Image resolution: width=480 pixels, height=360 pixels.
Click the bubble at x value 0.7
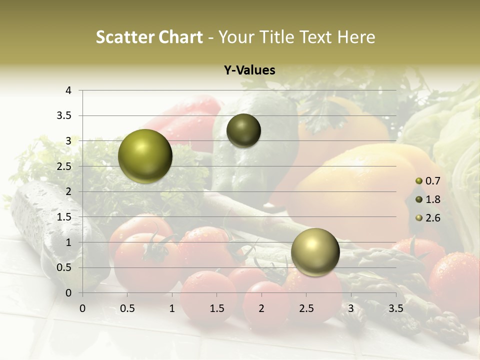coord(145,156)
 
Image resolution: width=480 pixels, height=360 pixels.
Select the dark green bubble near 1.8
coord(243,130)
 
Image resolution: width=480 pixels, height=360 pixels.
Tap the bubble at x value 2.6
coord(315,252)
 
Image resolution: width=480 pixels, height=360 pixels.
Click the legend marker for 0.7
coord(419,180)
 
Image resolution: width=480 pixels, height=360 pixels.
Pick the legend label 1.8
coord(432,199)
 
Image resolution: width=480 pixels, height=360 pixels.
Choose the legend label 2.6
coord(432,218)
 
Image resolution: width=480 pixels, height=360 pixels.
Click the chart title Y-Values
coord(249,70)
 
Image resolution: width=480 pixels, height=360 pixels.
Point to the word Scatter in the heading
coord(124,37)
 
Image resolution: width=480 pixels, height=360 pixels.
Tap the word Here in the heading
coord(356,37)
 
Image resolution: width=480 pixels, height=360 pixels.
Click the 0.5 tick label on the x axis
coord(127,308)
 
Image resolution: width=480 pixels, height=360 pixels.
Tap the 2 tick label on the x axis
coord(261,308)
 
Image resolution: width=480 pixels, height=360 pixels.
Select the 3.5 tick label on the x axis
coord(395,308)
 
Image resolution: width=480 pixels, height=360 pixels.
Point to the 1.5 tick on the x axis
coord(216,308)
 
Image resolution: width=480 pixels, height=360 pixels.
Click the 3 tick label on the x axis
coord(351,308)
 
